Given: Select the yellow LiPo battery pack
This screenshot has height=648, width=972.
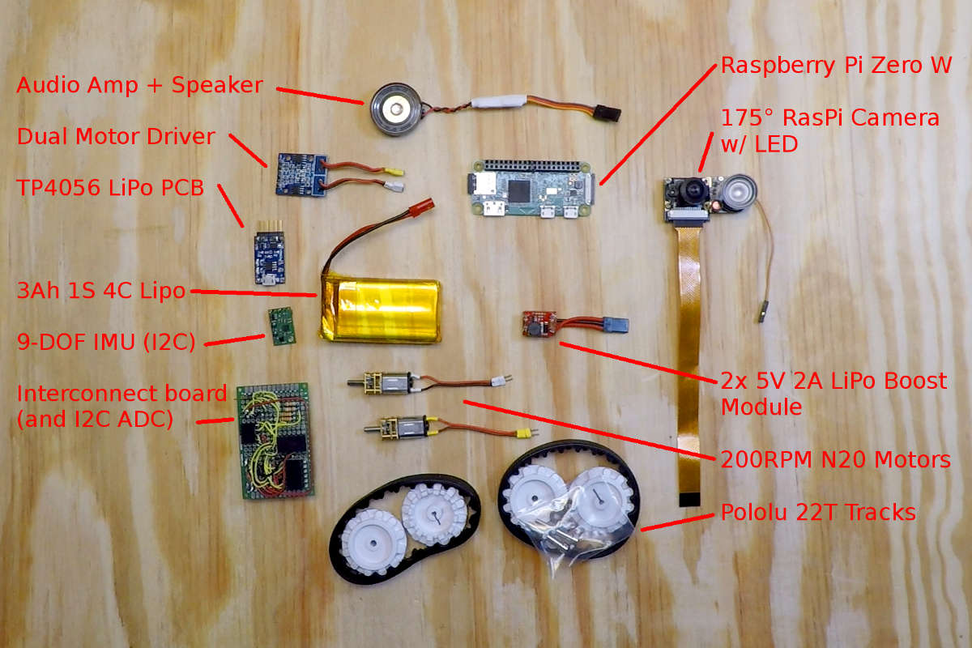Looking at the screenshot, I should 382,309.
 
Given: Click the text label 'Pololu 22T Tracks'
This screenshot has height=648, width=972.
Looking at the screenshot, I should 818,513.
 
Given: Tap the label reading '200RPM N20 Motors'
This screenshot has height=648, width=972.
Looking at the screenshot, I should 835,460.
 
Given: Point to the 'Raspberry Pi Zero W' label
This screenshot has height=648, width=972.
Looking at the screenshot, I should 836,66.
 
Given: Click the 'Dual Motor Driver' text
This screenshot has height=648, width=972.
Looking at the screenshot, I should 116,136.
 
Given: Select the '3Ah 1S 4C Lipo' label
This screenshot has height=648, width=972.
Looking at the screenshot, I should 100,291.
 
